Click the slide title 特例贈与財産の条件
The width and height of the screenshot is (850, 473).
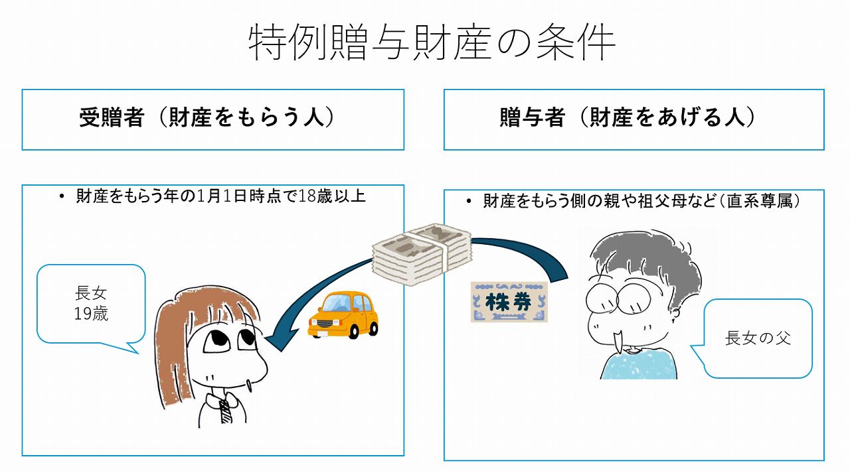[x=432, y=43]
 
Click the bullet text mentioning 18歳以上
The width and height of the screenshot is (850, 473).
[x=220, y=196]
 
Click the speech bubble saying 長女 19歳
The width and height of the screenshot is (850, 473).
[x=91, y=304]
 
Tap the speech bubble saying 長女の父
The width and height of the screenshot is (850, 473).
[x=758, y=338]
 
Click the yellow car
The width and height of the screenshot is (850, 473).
[x=343, y=315]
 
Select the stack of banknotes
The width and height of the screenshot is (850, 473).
[x=421, y=255]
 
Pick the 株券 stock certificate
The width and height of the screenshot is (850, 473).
[x=509, y=302]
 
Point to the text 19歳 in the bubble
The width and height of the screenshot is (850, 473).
[x=91, y=314]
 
